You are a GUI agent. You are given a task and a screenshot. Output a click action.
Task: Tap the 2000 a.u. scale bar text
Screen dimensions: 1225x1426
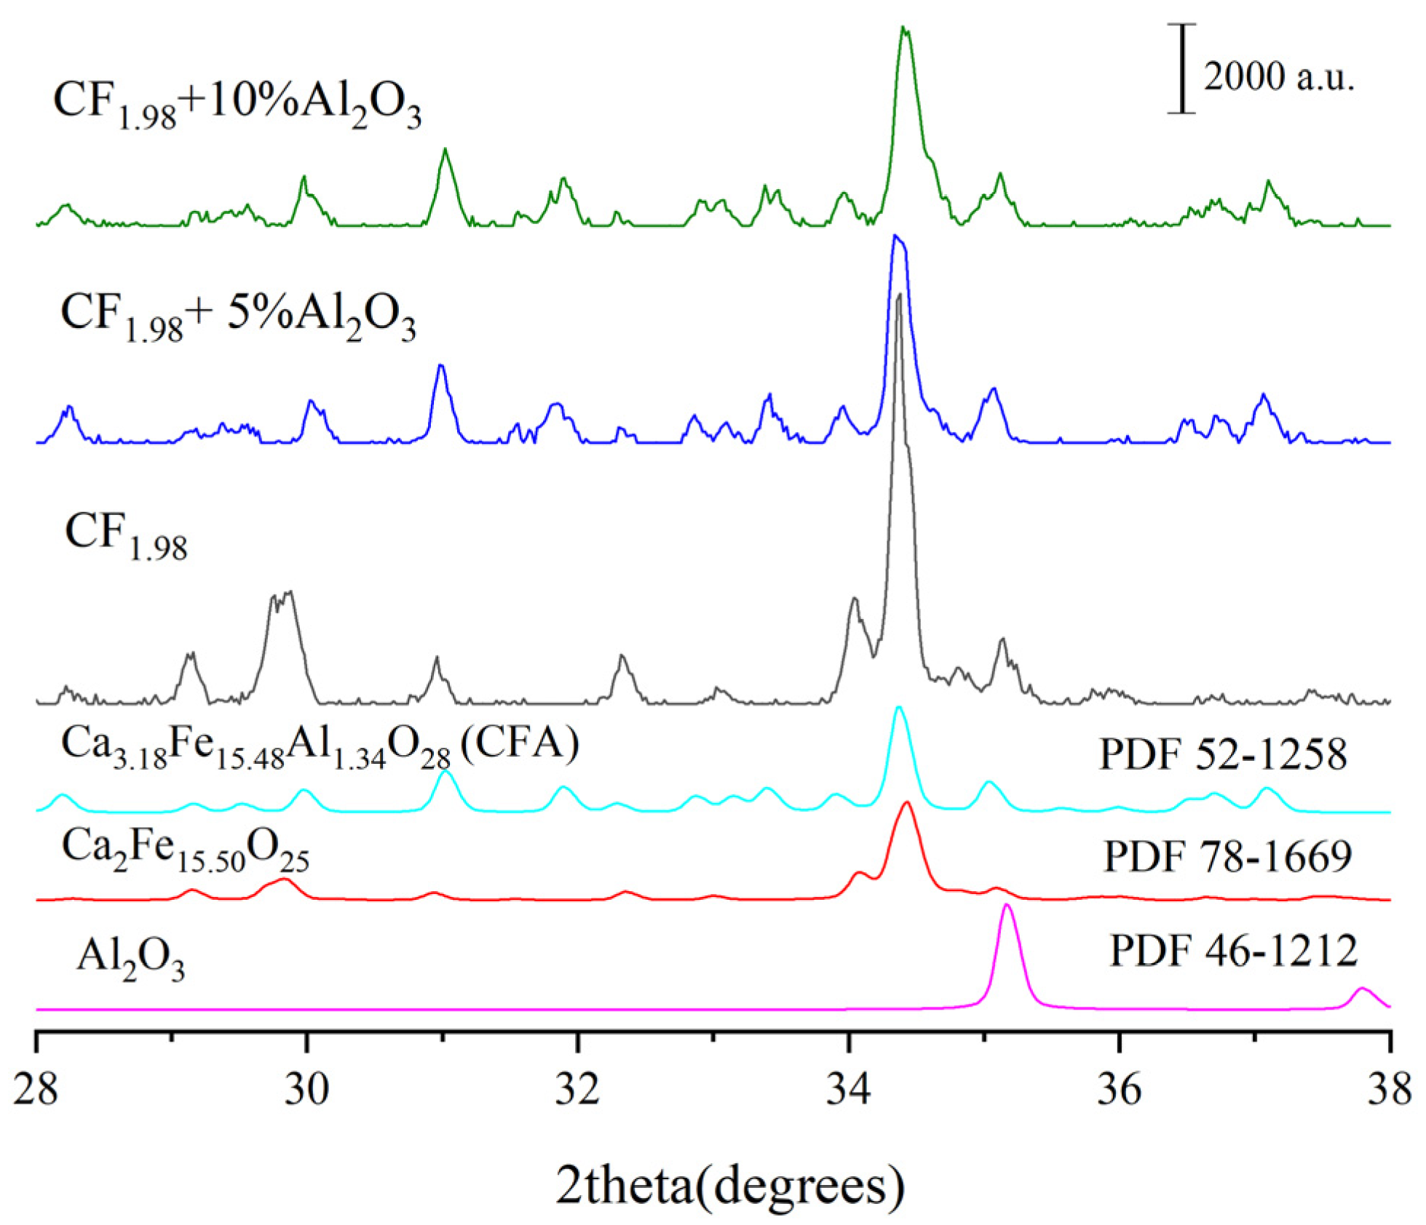[x=1279, y=76]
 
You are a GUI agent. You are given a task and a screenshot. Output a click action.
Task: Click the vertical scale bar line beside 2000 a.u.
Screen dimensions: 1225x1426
[x=1182, y=69]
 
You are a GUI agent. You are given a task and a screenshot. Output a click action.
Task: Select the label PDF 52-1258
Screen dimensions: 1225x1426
[x=1223, y=754]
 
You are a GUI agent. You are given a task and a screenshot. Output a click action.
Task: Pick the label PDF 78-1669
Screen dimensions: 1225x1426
[x=1228, y=856]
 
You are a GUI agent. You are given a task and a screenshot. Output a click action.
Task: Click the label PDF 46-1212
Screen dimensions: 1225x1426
[x=1233, y=950]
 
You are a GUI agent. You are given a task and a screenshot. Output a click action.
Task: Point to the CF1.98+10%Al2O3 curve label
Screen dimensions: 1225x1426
[x=237, y=105]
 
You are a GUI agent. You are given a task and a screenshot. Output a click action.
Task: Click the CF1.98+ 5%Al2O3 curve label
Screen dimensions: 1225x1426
[x=239, y=318]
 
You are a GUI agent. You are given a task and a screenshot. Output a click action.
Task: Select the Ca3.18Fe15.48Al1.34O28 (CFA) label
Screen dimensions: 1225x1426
[x=320, y=747]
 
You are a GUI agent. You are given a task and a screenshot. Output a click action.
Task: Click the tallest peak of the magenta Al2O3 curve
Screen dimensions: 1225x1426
[x=1007, y=906]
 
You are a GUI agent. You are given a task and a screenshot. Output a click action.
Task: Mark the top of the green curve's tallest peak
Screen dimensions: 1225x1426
[x=904, y=29]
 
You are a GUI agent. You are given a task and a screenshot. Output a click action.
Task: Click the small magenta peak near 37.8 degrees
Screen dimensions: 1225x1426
[x=1362, y=989]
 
